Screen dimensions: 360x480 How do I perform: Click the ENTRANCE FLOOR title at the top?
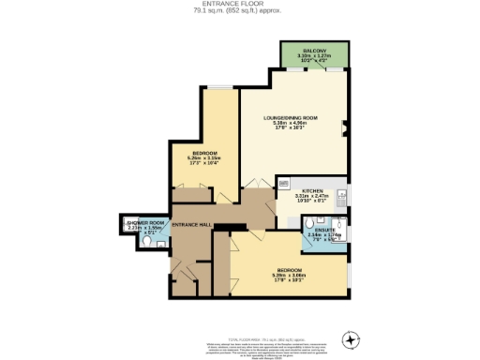coord(239,5)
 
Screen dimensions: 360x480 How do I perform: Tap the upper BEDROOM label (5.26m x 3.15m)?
coord(205,152)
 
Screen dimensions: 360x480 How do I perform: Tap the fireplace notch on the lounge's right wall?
coord(347,122)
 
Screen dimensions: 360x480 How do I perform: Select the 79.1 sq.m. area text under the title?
coord(239,11)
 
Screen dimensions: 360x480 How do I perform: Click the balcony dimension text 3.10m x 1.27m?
coord(315,56)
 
